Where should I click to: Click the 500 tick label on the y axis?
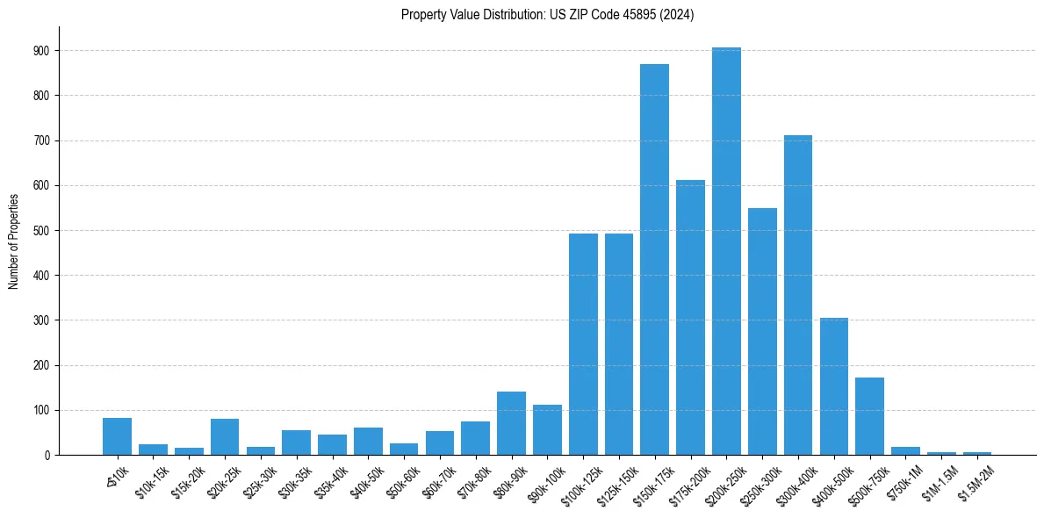point(42,231)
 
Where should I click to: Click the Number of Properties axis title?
point(14,241)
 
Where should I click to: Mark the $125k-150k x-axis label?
point(615,485)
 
